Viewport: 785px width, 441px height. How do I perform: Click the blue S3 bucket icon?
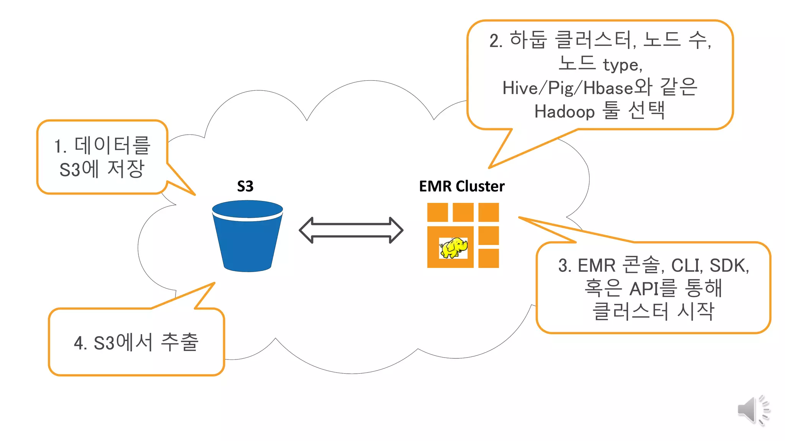pyautogui.click(x=247, y=237)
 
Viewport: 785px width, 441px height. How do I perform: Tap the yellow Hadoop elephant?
pyautogui.click(x=454, y=248)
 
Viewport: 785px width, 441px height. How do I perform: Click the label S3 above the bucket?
pyautogui.click(x=245, y=186)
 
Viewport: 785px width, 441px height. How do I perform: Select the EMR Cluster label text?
pyautogui.click(x=461, y=186)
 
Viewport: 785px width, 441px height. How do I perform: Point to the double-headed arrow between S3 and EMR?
pyautogui.click(x=351, y=230)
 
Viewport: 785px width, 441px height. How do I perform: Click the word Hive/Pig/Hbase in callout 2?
pyautogui.click(x=567, y=88)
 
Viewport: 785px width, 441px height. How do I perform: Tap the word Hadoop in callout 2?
pyautogui.click(x=564, y=112)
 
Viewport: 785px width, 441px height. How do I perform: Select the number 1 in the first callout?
pyautogui.click(x=58, y=147)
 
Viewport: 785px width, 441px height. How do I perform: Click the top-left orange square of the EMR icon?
pyautogui.click(x=437, y=212)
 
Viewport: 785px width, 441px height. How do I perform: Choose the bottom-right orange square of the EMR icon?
pyautogui.click(x=488, y=258)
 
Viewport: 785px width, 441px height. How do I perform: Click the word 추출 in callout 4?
pyautogui.click(x=179, y=342)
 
